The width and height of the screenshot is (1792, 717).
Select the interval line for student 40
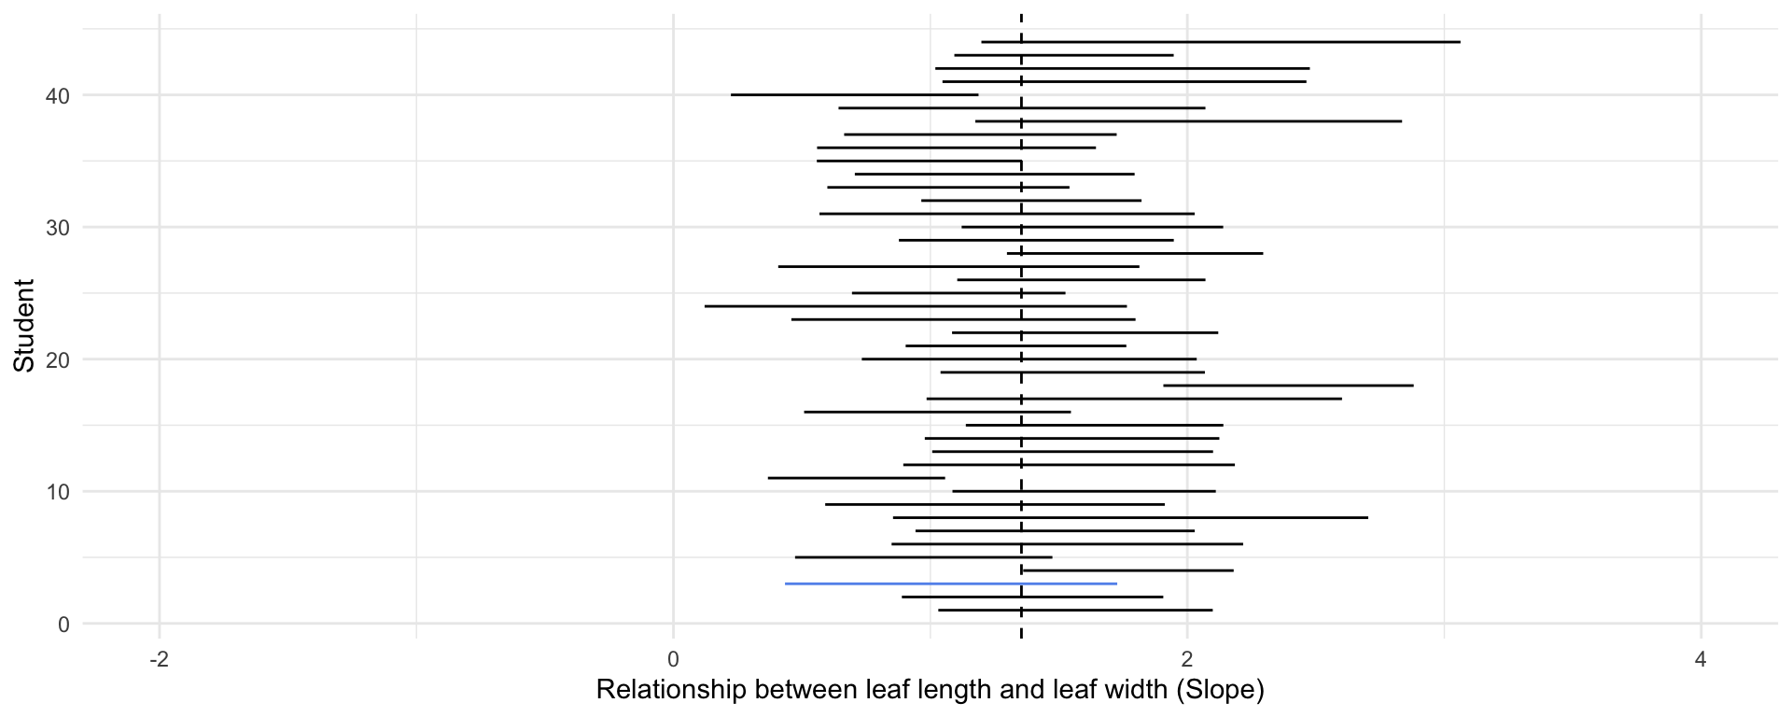click(x=854, y=94)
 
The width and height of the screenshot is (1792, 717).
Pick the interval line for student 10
click(x=1084, y=491)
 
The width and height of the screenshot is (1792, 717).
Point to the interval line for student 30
click(x=1092, y=227)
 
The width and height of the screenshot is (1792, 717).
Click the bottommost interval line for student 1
click(x=1074, y=610)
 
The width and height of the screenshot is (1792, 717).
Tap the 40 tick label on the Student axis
click(x=57, y=95)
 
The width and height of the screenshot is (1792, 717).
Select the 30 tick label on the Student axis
click(x=57, y=228)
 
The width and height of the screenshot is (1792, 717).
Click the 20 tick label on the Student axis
click(x=57, y=359)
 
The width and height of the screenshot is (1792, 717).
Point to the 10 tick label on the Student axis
click(x=57, y=492)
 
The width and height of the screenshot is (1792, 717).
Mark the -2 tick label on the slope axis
click(x=160, y=660)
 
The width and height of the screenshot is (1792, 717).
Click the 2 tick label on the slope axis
click(x=1187, y=660)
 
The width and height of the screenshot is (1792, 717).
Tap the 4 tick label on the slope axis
click(x=1701, y=660)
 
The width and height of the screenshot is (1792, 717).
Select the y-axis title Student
click(x=24, y=326)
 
